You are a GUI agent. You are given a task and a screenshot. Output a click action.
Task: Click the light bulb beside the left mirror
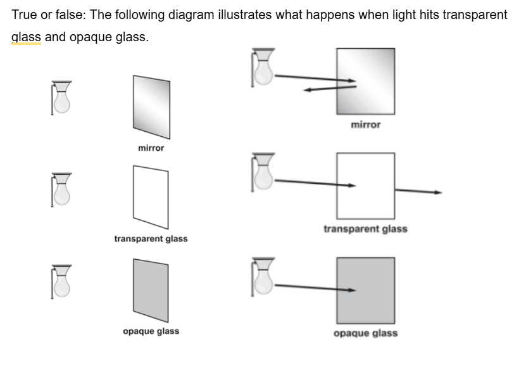click(61, 98)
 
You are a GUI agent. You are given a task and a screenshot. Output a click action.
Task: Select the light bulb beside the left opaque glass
click(61, 281)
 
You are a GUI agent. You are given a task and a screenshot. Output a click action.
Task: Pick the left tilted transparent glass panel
click(151, 196)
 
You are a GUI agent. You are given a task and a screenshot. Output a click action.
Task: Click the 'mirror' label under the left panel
click(151, 148)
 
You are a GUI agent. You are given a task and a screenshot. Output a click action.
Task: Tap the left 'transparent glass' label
click(151, 240)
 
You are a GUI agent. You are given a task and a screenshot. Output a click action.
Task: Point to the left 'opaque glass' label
click(151, 331)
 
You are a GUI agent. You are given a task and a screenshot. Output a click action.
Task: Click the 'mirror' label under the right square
click(366, 125)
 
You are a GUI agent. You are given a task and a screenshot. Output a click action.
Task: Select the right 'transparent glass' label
click(365, 229)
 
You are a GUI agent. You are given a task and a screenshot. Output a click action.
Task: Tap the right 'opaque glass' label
click(366, 333)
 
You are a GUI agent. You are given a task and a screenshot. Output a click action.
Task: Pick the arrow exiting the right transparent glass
click(418, 191)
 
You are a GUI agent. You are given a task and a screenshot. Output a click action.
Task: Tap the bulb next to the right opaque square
click(263, 276)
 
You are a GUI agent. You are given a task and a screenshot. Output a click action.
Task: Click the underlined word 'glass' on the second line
click(26, 37)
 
